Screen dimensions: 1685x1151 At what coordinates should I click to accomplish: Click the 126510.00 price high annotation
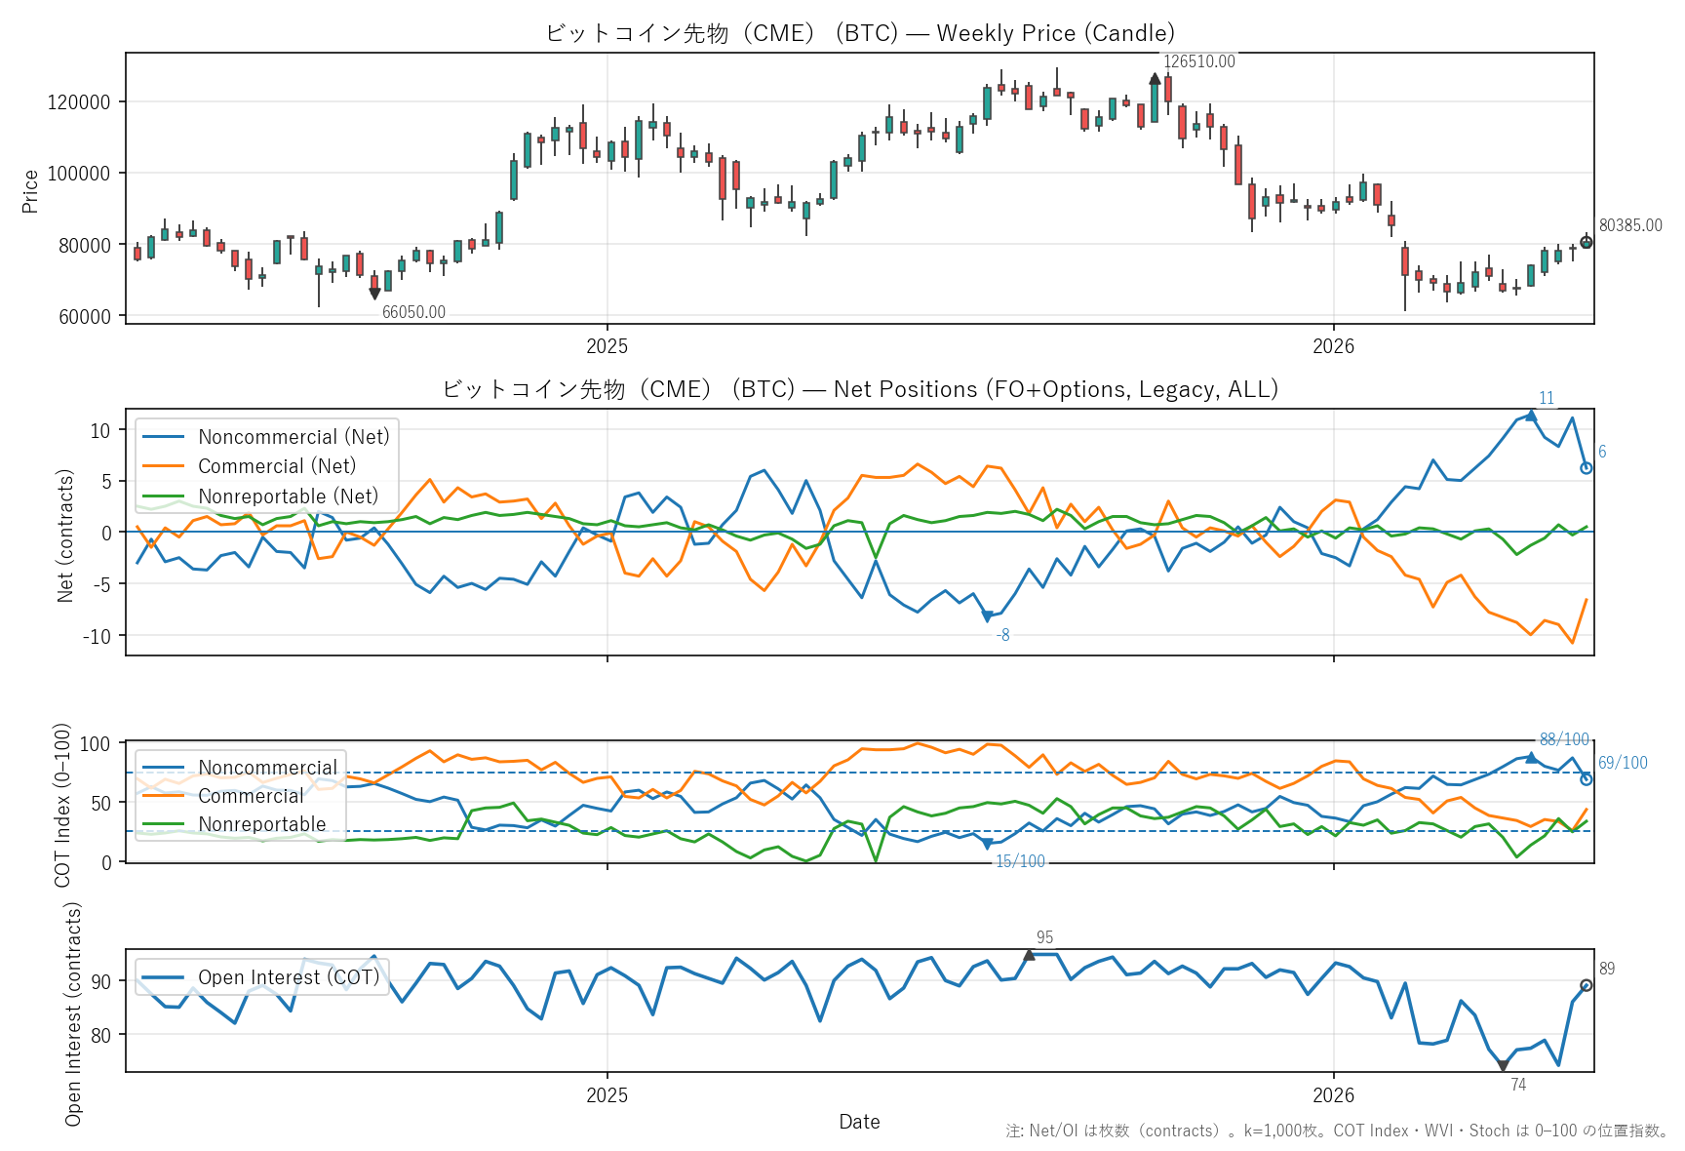tap(1198, 61)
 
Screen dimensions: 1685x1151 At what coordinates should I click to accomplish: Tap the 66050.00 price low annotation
tap(413, 312)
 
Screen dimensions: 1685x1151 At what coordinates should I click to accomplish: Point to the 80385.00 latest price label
tap(1630, 225)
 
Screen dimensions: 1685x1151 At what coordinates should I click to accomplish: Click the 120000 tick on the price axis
tap(79, 102)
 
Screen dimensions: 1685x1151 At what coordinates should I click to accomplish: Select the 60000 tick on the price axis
tap(85, 317)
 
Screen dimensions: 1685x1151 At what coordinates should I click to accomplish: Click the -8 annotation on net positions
tap(1002, 635)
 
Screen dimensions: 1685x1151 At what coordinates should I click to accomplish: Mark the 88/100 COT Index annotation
tap(1564, 739)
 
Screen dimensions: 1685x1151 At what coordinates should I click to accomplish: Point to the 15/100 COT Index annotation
tap(1020, 861)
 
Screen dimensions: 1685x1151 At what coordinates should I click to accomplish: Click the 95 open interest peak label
tap(1044, 937)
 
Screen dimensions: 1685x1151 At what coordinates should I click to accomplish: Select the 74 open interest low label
tap(1518, 1085)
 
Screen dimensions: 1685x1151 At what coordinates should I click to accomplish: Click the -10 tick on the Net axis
tap(97, 637)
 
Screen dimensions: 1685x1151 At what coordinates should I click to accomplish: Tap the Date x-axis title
tap(859, 1122)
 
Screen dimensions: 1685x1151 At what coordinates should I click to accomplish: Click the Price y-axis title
tap(30, 190)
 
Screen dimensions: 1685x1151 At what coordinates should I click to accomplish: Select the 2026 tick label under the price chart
tap(1333, 346)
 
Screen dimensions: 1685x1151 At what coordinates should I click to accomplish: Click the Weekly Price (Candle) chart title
tap(1056, 33)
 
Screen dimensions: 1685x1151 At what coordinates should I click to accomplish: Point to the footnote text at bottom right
tap(1337, 1131)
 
